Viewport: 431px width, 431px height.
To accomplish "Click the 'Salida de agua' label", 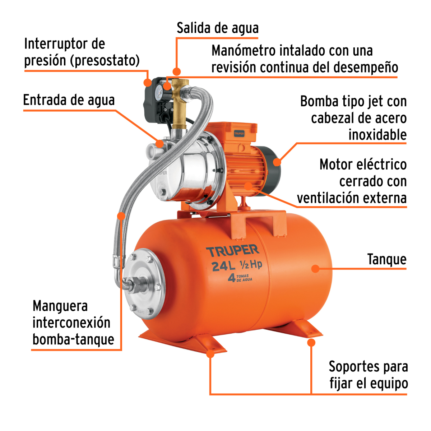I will [x=217, y=28].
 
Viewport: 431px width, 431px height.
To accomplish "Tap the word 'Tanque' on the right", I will [x=386, y=259].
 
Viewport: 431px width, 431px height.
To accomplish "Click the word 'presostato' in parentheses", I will [x=105, y=60].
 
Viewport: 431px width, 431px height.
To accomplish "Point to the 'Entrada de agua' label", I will [x=69, y=100].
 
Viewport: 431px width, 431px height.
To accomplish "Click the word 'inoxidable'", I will [x=377, y=135].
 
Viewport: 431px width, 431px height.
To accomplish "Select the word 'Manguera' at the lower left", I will [x=60, y=306].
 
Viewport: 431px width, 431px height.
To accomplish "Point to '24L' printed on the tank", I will [x=223, y=266].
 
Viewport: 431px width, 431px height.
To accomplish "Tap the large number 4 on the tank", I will [x=232, y=278].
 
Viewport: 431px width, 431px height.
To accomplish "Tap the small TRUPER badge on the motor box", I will [x=239, y=133].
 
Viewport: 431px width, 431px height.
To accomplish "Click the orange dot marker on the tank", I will [x=315, y=268].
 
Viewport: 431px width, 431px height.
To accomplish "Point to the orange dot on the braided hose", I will [x=121, y=216].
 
